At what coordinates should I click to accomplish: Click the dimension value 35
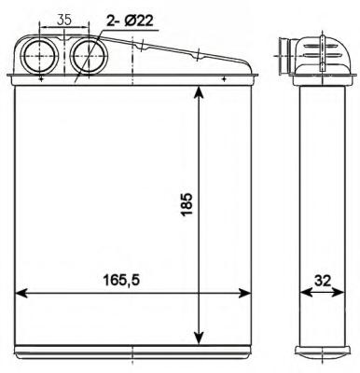(x=64, y=20)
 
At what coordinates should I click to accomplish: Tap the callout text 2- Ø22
(x=130, y=21)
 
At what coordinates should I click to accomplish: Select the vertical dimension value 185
(x=187, y=204)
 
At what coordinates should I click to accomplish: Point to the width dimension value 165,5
(x=121, y=281)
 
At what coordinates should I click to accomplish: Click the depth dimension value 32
(x=323, y=281)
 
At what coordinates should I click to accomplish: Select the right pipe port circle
(x=71, y=56)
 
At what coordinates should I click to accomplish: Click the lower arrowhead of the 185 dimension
(x=199, y=338)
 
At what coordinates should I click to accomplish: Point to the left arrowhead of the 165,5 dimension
(x=21, y=293)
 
